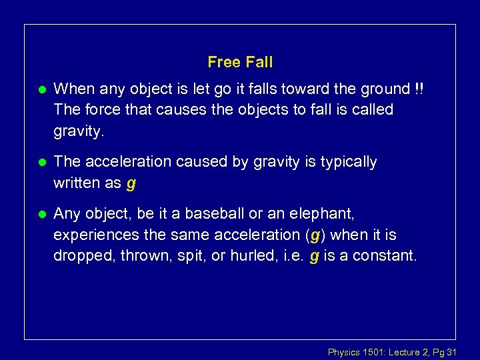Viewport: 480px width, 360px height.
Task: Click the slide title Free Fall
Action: tap(240, 63)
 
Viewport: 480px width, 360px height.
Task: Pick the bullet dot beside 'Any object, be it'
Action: tap(42, 215)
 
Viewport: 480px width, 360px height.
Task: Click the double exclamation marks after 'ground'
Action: tap(418, 89)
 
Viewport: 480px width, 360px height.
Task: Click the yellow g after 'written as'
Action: tap(131, 183)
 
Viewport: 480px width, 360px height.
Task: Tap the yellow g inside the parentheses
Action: tap(315, 235)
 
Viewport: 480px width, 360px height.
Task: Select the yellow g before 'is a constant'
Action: tap(313, 257)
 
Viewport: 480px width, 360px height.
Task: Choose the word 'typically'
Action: tap(349, 162)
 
